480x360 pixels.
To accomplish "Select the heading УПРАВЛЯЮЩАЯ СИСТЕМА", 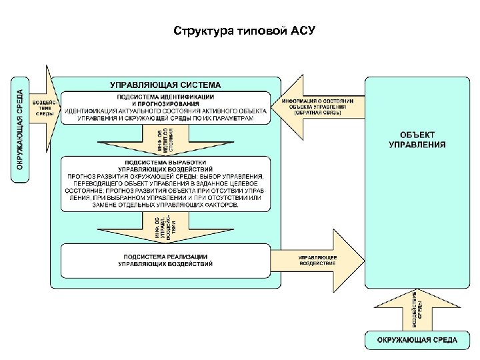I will pyautogui.click(x=165, y=85).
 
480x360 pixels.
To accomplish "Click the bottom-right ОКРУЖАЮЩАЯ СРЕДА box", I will pyautogui.click(x=417, y=340).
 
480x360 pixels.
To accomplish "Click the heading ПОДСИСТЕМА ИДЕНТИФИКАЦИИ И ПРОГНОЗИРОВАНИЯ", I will pyautogui.click(x=165, y=100).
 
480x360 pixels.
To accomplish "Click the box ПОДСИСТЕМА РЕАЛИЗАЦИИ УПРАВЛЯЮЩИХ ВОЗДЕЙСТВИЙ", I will pyautogui.click(x=165, y=260).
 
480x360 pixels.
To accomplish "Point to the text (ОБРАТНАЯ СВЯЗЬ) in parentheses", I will pyautogui.click(x=317, y=113).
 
